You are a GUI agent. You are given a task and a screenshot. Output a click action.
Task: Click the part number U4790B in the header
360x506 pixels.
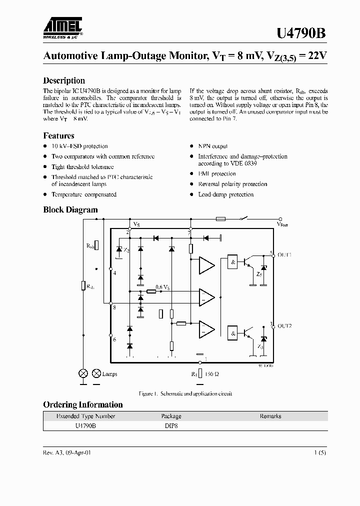point(301,33)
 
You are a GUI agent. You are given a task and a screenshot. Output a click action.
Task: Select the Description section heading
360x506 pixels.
point(64,80)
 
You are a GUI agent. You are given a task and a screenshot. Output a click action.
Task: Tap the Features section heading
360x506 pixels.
point(58,135)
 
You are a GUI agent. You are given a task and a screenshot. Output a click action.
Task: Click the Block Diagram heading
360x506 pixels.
point(70,210)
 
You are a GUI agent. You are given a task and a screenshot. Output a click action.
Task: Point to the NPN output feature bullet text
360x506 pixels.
point(212,146)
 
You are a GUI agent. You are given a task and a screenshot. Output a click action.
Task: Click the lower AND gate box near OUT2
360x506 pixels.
point(232,332)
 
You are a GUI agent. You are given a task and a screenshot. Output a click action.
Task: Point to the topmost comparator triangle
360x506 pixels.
point(205,265)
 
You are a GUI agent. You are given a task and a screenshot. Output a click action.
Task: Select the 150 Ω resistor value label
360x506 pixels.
point(211,373)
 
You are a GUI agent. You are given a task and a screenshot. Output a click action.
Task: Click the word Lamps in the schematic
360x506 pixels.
point(109,373)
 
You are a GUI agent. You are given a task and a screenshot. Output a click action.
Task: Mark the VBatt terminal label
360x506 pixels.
point(282,225)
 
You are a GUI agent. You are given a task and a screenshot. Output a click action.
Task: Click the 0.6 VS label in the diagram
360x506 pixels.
point(162,287)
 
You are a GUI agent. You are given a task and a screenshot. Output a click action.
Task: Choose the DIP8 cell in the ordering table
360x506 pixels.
point(171,425)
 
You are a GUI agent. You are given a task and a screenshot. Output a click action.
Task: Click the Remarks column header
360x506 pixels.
point(270,416)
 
